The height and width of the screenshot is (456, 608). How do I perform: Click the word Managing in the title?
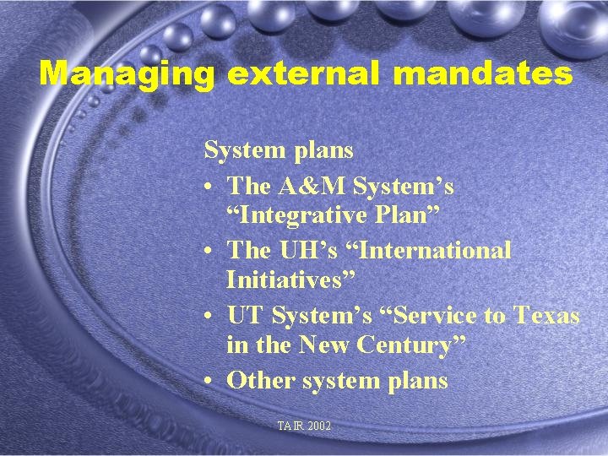(x=127, y=73)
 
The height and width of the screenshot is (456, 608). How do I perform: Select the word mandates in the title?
(x=483, y=73)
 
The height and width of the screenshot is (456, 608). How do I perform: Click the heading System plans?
(x=279, y=150)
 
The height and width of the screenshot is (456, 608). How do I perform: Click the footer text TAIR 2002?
(x=304, y=426)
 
